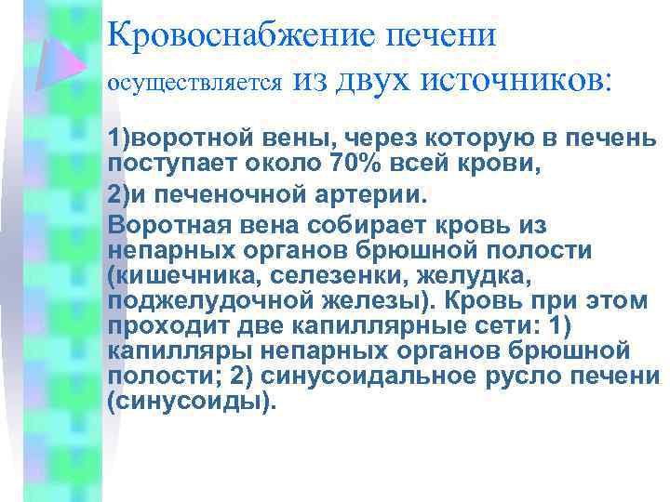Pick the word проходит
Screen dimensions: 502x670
pyautogui.click(x=159, y=327)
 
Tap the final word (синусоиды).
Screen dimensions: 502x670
pyautogui.click(x=193, y=403)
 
